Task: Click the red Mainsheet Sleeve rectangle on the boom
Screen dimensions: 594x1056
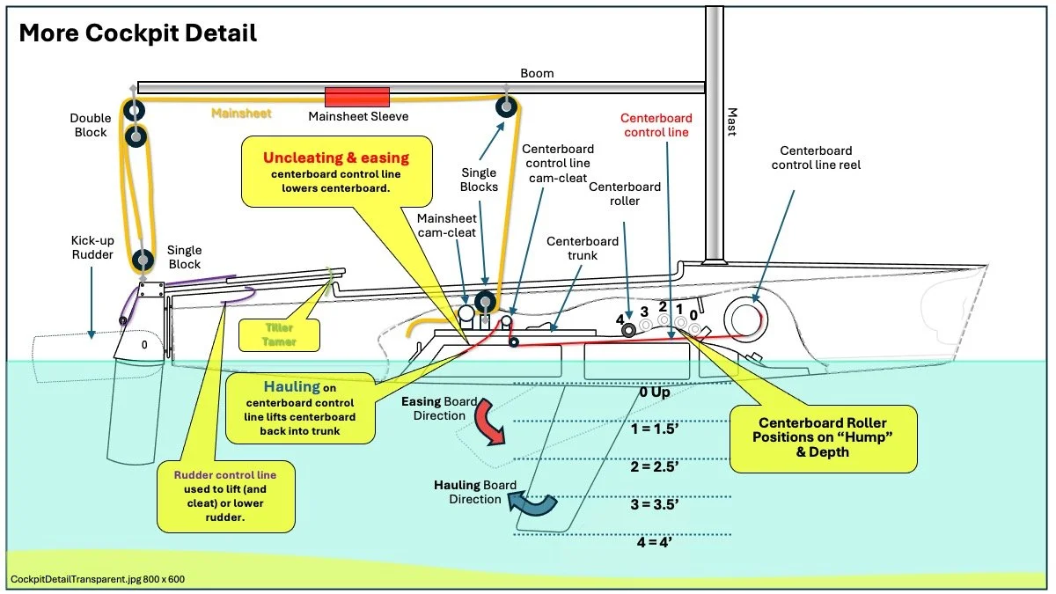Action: click(x=357, y=96)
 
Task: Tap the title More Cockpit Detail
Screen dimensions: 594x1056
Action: click(x=138, y=33)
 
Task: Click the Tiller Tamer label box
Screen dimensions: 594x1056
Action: click(x=279, y=334)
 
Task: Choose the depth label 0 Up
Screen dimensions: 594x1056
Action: click(x=655, y=392)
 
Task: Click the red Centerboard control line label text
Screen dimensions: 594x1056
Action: click(x=656, y=125)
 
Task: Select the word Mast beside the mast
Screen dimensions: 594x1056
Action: click(x=731, y=121)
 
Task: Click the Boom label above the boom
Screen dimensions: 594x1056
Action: click(x=537, y=73)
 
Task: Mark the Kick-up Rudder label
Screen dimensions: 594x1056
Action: click(x=92, y=247)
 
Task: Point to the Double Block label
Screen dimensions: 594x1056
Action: click(x=90, y=125)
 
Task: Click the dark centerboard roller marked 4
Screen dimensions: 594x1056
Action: click(x=630, y=330)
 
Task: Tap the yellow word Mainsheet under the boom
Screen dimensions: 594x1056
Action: click(x=241, y=114)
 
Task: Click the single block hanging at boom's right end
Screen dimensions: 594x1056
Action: click(x=506, y=107)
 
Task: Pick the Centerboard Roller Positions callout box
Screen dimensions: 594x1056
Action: click(x=823, y=438)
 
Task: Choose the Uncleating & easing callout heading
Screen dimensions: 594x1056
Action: click(x=336, y=158)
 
